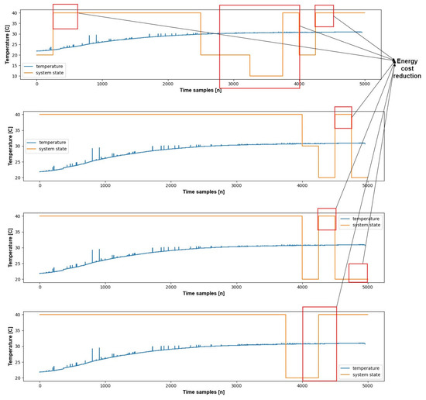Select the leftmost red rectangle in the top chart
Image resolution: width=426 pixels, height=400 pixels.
pos(65,16)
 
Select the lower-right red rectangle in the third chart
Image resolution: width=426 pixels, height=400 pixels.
pos(358,274)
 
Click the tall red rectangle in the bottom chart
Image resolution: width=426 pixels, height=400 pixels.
pos(319,343)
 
